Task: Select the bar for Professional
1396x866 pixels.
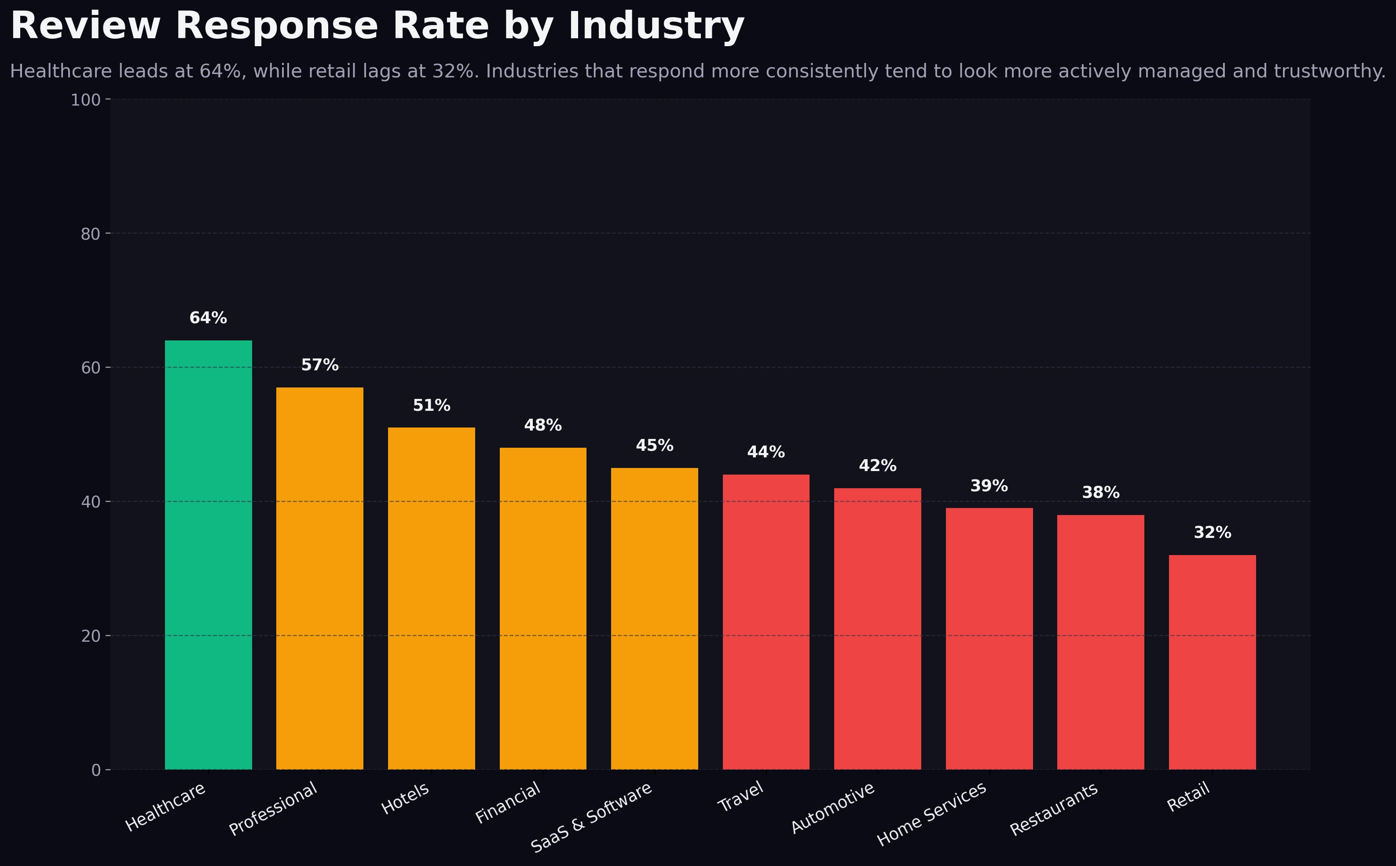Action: (x=320, y=578)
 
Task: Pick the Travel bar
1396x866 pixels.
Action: (x=766, y=622)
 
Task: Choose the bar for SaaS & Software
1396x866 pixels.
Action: (x=654, y=618)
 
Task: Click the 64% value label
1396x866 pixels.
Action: (x=208, y=318)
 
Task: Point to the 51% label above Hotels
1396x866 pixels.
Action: (x=431, y=406)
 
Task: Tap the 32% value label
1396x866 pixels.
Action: (x=1212, y=533)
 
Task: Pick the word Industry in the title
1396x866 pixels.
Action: (x=656, y=26)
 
